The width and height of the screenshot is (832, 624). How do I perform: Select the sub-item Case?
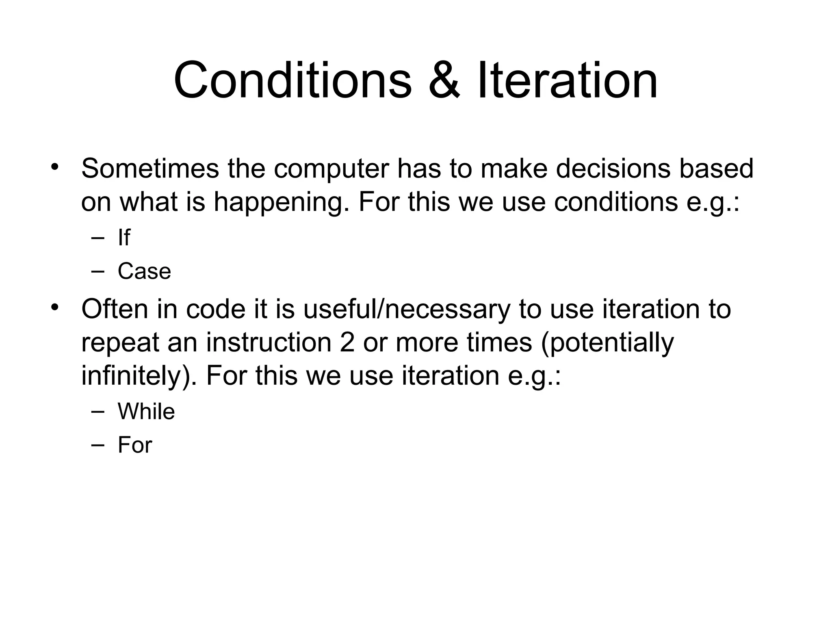pyautogui.click(x=144, y=271)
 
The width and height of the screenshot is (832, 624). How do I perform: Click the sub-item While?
pyautogui.click(x=146, y=411)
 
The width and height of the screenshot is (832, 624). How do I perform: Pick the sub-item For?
pyautogui.click(x=135, y=445)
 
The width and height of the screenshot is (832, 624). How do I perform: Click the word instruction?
pyautogui.click(x=269, y=342)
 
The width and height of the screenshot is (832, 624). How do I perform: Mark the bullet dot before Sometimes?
pyautogui.click(x=55, y=167)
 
